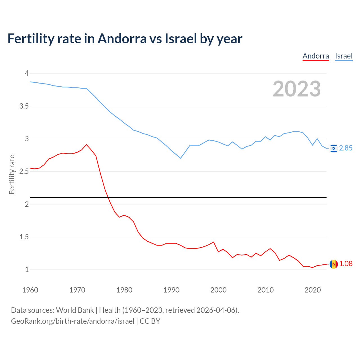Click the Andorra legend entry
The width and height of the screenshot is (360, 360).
tap(316, 56)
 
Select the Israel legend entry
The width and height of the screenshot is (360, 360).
tap(344, 56)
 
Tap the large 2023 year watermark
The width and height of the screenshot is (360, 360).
tap(297, 89)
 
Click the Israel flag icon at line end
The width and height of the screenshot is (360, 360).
tap(334, 148)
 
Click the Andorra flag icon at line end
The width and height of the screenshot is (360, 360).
tap(334, 264)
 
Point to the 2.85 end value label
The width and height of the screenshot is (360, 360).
tap(346, 148)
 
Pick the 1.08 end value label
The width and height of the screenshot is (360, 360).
tap(346, 264)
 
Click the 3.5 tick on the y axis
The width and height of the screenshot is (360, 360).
tap(24, 106)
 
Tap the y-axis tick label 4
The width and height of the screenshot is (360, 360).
tap(27, 73)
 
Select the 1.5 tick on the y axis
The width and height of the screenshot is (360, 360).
tap(24, 237)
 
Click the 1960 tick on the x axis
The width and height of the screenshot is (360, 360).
tap(30, 290)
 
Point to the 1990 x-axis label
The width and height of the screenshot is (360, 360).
tap(171, 290)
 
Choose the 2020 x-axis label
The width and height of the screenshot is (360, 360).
tap(312, 290)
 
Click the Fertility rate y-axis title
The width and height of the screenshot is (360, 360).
tap(12, 174)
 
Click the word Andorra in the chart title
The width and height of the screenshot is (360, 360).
tap(122, 39)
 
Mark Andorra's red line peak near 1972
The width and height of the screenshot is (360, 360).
tap(86, 145)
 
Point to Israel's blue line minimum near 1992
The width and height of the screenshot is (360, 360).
tap(181, 158)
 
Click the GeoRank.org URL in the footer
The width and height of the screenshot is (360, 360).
tap(73, 321)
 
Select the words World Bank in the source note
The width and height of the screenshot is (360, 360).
tap(75, 310)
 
